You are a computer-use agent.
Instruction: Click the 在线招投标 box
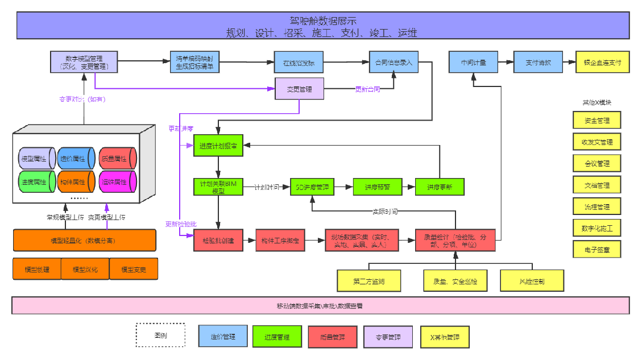(x=298, y=62)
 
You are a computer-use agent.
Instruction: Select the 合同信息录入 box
(x=394, y=62)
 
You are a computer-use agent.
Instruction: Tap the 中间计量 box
(x=473, y=62)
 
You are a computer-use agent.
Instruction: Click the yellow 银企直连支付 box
(x=602, y=62)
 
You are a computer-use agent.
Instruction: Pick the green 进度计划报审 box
(x=218, y=146)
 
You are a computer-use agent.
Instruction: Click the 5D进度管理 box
(x=313, y=187)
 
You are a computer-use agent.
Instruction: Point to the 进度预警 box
(x=378, y=187)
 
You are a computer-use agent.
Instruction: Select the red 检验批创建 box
(x=218, y=241)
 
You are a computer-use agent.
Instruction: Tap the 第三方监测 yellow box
(x=369, y=280)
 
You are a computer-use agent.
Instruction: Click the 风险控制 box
(x=532, y=280)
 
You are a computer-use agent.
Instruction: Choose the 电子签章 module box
(x=597, y=249)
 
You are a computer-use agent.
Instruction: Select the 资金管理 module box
(x=597, y=120)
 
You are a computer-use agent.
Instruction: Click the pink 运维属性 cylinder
(x=118, y=182)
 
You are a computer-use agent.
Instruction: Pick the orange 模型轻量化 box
(x=85, y=240)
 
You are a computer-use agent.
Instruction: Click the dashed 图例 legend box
(x=160, y=335)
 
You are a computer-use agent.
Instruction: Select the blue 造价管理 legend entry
(x=223, y=336)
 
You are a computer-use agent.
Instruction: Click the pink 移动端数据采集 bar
(x=321, y=305)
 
